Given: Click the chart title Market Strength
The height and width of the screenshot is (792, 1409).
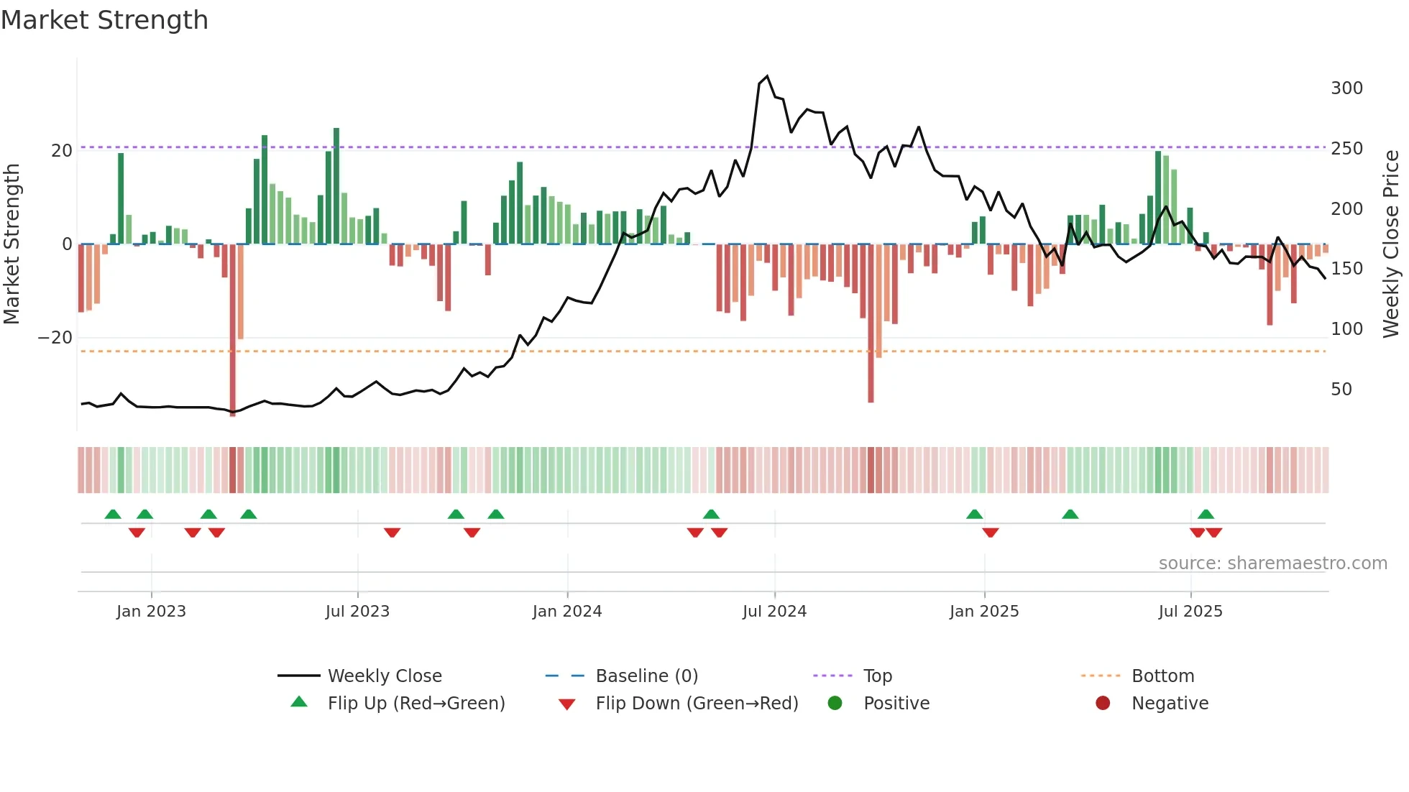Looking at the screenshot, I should point(104,20).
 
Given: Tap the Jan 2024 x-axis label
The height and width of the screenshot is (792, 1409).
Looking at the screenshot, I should point(567,612).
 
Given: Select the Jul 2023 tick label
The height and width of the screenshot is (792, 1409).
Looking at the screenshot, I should point(357,612).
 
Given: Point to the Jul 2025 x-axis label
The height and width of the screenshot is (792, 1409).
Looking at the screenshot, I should point(1190,612).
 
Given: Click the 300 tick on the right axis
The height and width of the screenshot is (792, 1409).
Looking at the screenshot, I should point(1346,88).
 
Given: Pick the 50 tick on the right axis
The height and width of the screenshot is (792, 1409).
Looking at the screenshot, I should point(1341,390).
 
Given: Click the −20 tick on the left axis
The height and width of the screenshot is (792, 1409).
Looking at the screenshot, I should point(55,338).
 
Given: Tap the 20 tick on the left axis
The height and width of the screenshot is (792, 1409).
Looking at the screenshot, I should point(62,151).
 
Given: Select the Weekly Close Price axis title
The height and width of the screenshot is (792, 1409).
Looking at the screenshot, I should point(1391,244).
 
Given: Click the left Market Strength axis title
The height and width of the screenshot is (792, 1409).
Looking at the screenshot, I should point(12,244).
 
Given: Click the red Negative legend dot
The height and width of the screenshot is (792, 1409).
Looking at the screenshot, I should point(1103,704).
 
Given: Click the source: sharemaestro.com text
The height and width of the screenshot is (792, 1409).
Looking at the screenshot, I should point(1272,563).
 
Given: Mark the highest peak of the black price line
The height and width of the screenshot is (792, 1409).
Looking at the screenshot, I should point(767,76).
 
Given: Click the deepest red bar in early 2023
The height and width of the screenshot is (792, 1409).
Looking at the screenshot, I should point(233,331).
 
